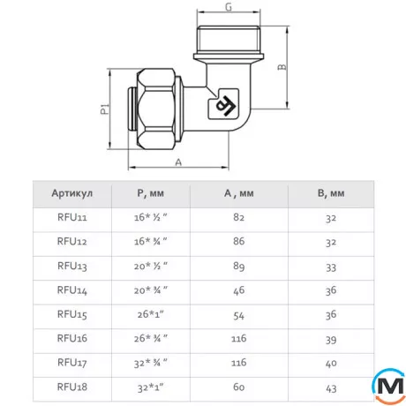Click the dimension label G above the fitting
229,7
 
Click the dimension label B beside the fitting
282,67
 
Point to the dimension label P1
105,109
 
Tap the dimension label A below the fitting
178,162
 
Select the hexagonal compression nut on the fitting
156,109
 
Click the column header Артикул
72,193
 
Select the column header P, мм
150,193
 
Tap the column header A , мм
239,193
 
